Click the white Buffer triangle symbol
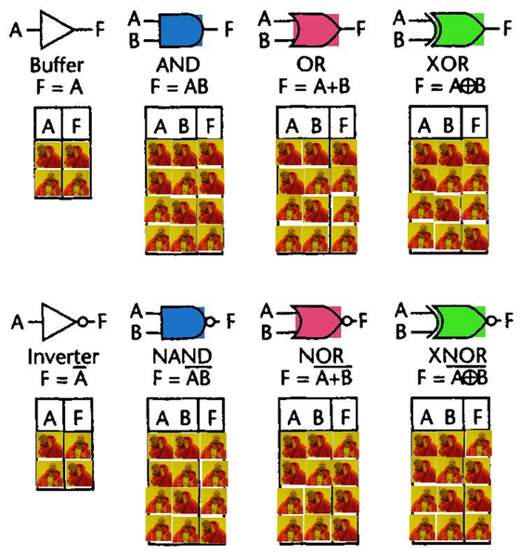[57, 30]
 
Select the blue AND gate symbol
[181, 31]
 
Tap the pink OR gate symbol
[315, 30]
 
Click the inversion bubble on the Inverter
[83, 321]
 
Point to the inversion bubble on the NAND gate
[210, 321]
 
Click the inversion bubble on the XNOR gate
[491, 321]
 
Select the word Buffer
[57, 65]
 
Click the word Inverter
[63, 356]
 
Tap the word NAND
[182, 356]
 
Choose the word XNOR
[458, 356]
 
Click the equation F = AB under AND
[179, 86]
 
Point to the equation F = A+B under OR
[314, 86]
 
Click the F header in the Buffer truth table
[76, 125]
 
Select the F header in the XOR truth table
[475, 124]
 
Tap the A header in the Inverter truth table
[49, 418]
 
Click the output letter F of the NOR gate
[363, 321]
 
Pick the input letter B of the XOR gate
[399, 40]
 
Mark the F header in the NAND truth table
[212, 418]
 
